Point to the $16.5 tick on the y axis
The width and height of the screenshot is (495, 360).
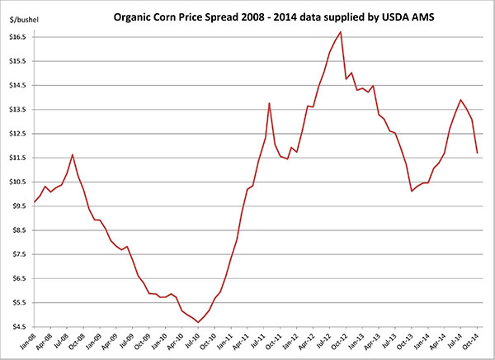click(18, 37)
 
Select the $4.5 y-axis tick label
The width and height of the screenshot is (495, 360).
click(20, 327)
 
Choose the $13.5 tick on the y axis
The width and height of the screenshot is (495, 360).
click(18, 110)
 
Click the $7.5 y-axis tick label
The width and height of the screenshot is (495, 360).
click(20, 254)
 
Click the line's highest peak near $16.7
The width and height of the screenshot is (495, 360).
click(341, 31)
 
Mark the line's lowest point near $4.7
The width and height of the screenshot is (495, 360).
click(198, 322)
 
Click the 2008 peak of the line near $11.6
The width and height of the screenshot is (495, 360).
click(73, 154)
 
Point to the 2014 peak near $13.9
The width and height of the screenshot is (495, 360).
click(460, 100)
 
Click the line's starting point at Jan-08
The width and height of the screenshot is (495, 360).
click(34, 202)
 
